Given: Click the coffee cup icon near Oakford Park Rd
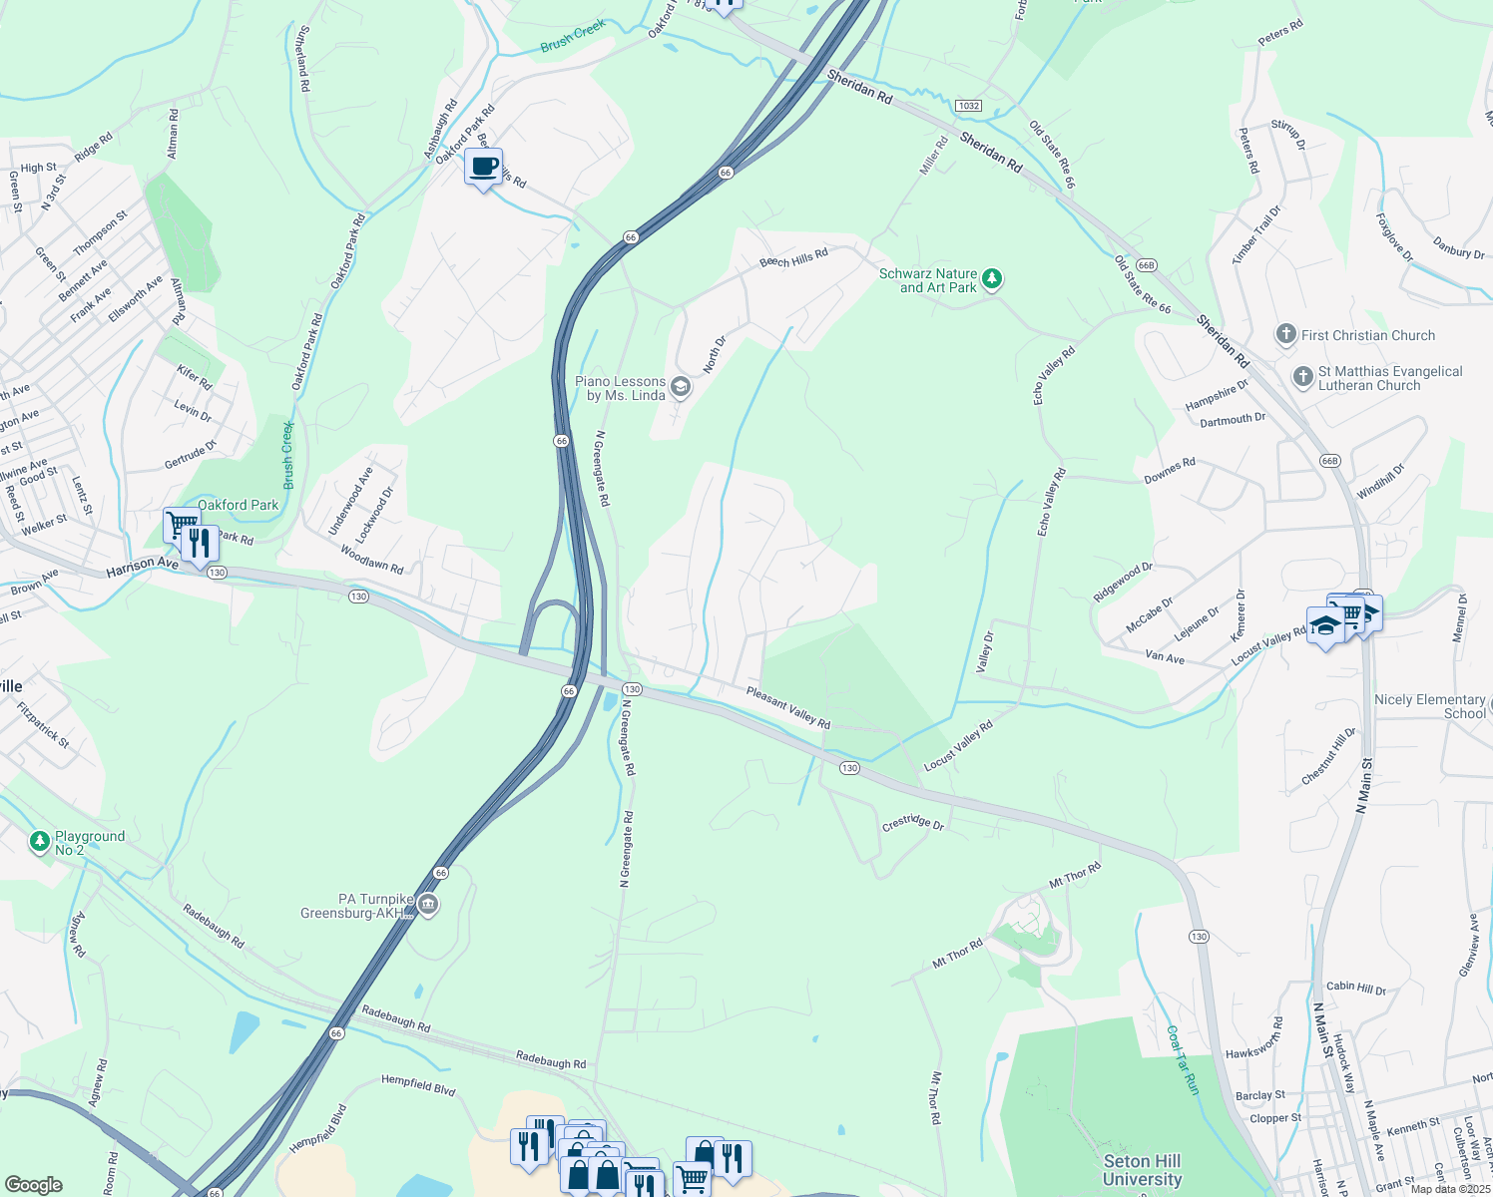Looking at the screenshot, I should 483,167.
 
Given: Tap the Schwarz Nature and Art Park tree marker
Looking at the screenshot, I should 991,278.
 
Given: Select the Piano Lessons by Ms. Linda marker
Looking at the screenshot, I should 681,387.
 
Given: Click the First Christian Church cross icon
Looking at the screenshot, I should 1286,335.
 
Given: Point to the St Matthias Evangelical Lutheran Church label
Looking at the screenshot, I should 1389,378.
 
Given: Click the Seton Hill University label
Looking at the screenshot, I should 1142,1169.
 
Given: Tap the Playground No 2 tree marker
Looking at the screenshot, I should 39,842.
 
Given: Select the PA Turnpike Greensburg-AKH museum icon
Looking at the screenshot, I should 428,904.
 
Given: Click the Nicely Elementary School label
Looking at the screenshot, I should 1429,706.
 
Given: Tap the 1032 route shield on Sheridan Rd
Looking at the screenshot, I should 967,106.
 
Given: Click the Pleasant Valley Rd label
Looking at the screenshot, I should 788,707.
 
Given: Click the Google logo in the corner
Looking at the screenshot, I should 33,1184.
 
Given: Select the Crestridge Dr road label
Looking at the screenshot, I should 912,823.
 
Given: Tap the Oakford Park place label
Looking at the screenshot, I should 238,505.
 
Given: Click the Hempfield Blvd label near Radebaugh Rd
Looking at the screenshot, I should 418,1085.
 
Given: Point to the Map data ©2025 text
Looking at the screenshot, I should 1450,1189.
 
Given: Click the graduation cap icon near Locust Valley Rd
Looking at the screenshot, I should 1325,625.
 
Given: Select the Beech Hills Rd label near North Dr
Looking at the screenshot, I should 793,258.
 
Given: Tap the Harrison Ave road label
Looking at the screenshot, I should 142,566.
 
